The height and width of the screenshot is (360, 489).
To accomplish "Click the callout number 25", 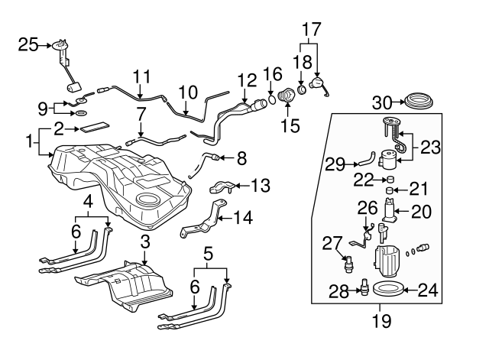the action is pos(28,44).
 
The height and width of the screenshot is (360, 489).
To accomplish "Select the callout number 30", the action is pos(382,102).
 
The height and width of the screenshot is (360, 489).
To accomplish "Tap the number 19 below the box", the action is pos(382,321).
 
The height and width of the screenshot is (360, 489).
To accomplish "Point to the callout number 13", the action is pos(261,185).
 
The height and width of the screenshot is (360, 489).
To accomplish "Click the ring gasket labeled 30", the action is pos(419,101).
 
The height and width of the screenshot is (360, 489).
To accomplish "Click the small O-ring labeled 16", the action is pos(272,100).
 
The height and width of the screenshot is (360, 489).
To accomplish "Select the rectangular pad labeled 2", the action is pos(95,127).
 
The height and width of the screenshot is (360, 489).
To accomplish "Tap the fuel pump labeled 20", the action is pos(390,211).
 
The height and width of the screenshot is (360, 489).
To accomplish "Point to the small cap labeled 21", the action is pos(389,190).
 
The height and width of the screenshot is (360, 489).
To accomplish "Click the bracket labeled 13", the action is pos(222,186).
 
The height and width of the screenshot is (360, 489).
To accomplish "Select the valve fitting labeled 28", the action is pos(364,287).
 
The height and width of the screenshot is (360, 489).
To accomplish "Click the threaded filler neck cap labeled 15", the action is pos(285,95).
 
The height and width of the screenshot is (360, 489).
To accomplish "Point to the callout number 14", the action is pos(243,217).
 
